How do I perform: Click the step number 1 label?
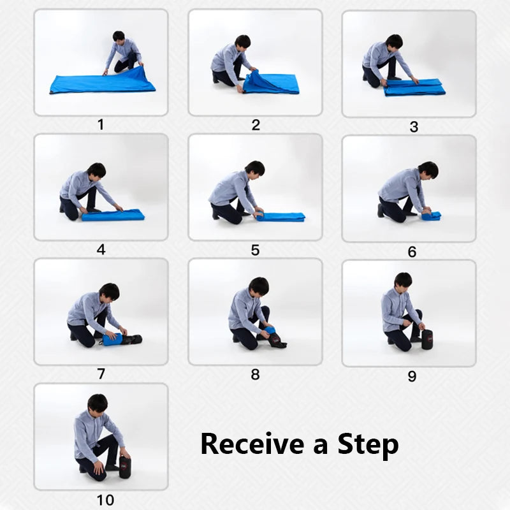pyautogui.click(x=100, y=124)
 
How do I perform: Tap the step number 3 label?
pyautogui.click(x=413, y=127)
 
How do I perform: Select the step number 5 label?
pyautogui.click(x=255, y=250)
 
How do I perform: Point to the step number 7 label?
pyautogui.click(x=101, y=374)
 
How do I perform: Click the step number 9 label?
pyautogui.click(x=412, y=376)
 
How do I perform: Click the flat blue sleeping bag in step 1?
pyautogui.click(x=102, y=84)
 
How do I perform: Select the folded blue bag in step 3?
pyautogui.click(x=414, y=88)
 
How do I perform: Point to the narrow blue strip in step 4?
pyautogui.click(x=113, y=215)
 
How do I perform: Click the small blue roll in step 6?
pyautogui.click(x=432, y=216)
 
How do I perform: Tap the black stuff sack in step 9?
pyautogui.click(x=427, y=339)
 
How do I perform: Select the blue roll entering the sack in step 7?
pyautogui.click(x=113, y=340)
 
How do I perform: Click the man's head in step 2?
pyautogui.click(x=242, y=42)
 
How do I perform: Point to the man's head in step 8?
pyautogui.click(x=258, y=286)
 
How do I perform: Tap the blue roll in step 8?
pyautogui.click(x=270, y=330)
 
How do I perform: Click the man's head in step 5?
pyautogui.click(x=254, y=169)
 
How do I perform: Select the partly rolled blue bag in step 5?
pyautogui.click(x=280, y=217)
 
